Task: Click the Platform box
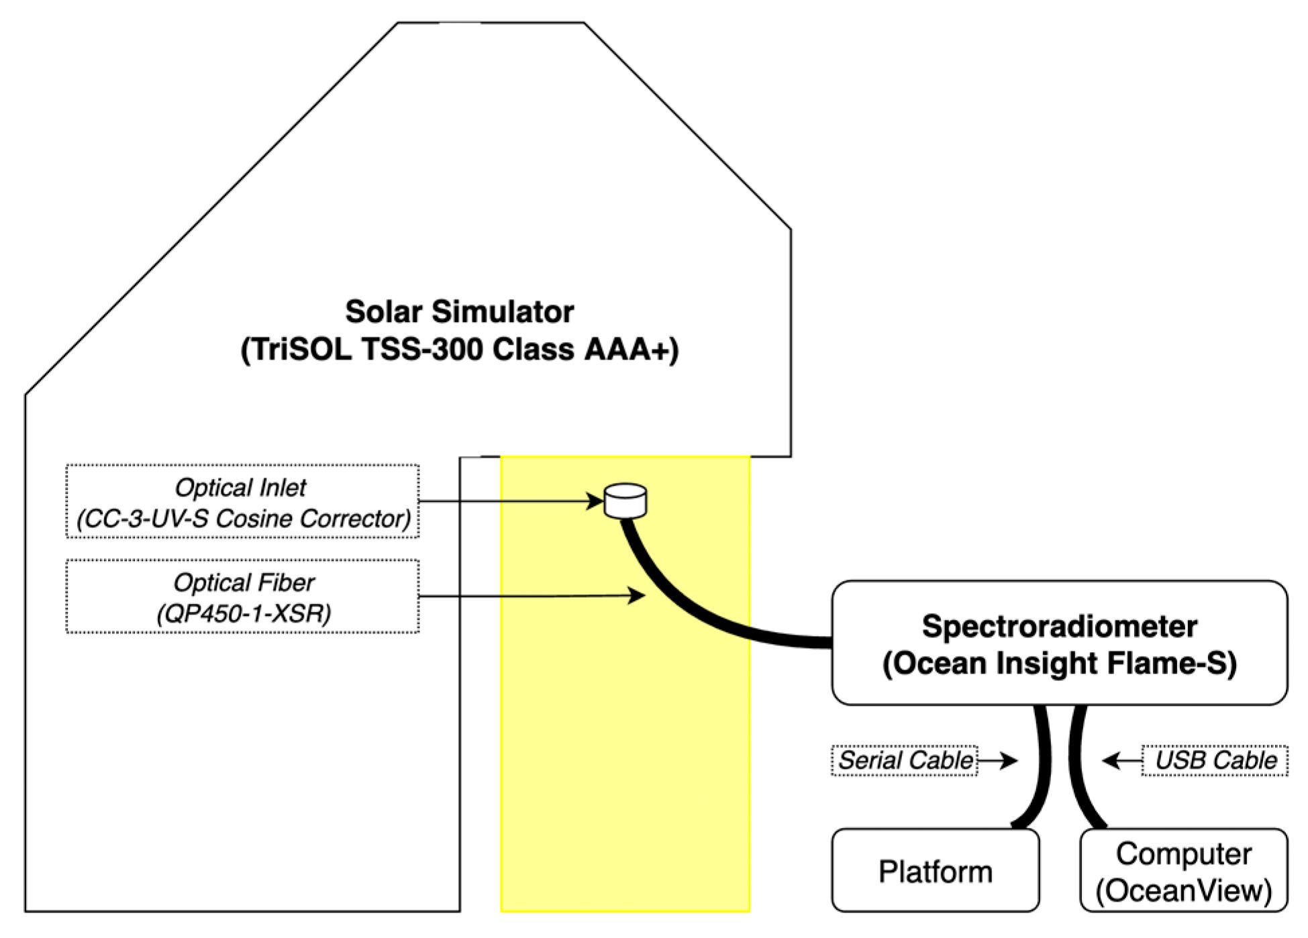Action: point(935,871)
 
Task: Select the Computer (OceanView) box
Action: point(1183,871)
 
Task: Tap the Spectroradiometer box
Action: point(1059,643)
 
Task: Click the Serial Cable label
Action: point(904,760)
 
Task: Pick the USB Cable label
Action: point(1215,760)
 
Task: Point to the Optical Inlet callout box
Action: point(242,501)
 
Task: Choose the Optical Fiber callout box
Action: point(242,596)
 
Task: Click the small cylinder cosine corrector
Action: point(625,501)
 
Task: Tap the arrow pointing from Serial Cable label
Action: point(998,760)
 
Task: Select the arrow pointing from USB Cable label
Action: point(1122,760)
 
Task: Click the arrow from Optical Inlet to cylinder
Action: point(510,501)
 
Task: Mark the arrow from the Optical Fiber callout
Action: point(530,596)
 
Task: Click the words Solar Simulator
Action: point(459,312)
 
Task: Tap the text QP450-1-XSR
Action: point(244,613)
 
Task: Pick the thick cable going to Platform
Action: point(1042,772)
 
